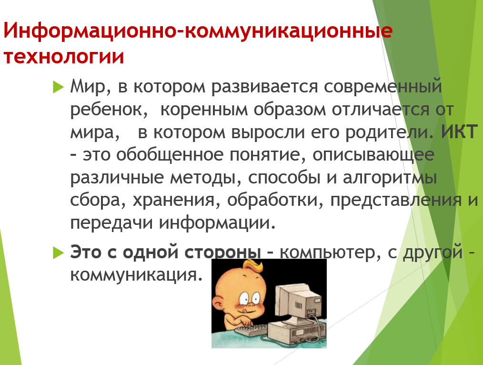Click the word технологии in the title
pos(64,56)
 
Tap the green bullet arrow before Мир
pos(58,87)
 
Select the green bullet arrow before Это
pos(58,253)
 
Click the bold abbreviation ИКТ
pos(459,132)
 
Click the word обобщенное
pos(170,154)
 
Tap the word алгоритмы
pos(390,178)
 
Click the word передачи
pos(111,223)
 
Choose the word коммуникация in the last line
pos(136,274)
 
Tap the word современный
pos(383,87)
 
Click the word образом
pos(290,109)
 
